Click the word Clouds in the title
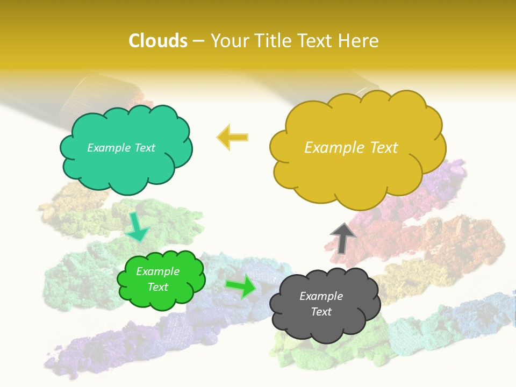coord(158,41)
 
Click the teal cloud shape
coord(126,161)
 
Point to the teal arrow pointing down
coord(138,227)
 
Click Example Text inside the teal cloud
coord(121,148)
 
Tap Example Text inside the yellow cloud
coord(351,148)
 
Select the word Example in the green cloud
coord(157,271)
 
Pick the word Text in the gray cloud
coord(321,312)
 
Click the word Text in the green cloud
coord(157,287)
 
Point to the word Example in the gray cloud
coord(321,296)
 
